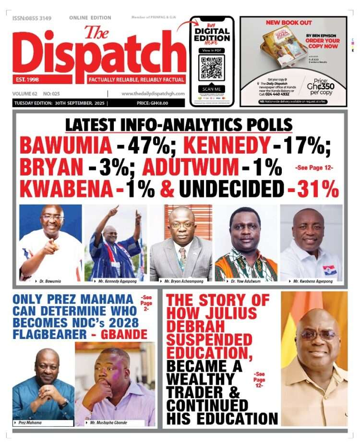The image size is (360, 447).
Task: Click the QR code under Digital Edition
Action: click(x=212, y=67)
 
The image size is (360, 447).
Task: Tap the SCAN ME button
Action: click(x=212, y=89)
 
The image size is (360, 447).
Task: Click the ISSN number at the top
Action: click(x=32, y=18)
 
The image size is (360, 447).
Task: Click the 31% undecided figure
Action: click(x=318, y=190)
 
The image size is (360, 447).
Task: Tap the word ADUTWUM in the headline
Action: click(x=190, y=168)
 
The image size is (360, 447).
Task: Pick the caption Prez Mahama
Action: click(x=31, y=423)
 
